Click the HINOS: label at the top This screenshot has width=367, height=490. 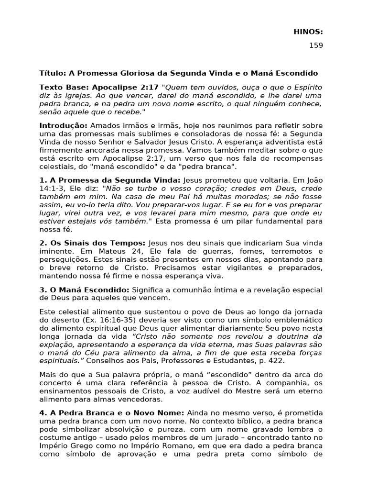point(308,32)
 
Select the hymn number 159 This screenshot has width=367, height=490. point(316,46)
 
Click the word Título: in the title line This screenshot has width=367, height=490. point(53,74)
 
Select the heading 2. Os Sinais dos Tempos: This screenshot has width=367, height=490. point(92,243)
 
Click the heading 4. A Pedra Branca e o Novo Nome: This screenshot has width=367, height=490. point(112,412)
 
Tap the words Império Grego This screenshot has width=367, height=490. point(62,445)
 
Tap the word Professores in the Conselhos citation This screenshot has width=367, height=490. point(179,359)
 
